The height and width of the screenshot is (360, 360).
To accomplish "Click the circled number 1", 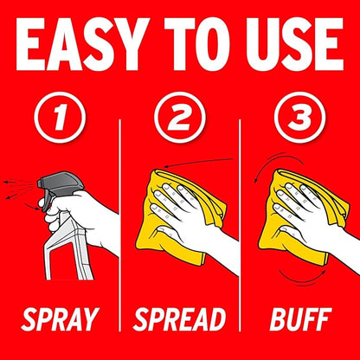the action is point(60,118).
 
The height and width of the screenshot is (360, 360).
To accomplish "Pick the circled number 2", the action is point(180,118).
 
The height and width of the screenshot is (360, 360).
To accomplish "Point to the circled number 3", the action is point(299,118).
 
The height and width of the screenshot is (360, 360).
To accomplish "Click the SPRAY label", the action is point(61,319).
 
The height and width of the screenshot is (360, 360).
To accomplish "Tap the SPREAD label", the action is point(179,319).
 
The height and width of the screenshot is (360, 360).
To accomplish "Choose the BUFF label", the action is point(300,319).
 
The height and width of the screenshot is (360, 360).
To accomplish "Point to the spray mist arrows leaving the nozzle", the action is point(19,189).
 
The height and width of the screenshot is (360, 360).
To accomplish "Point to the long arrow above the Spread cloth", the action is point(198,162).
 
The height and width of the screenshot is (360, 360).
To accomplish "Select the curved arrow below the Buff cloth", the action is point(302,280).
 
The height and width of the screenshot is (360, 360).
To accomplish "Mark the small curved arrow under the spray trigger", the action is point(32,206).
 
